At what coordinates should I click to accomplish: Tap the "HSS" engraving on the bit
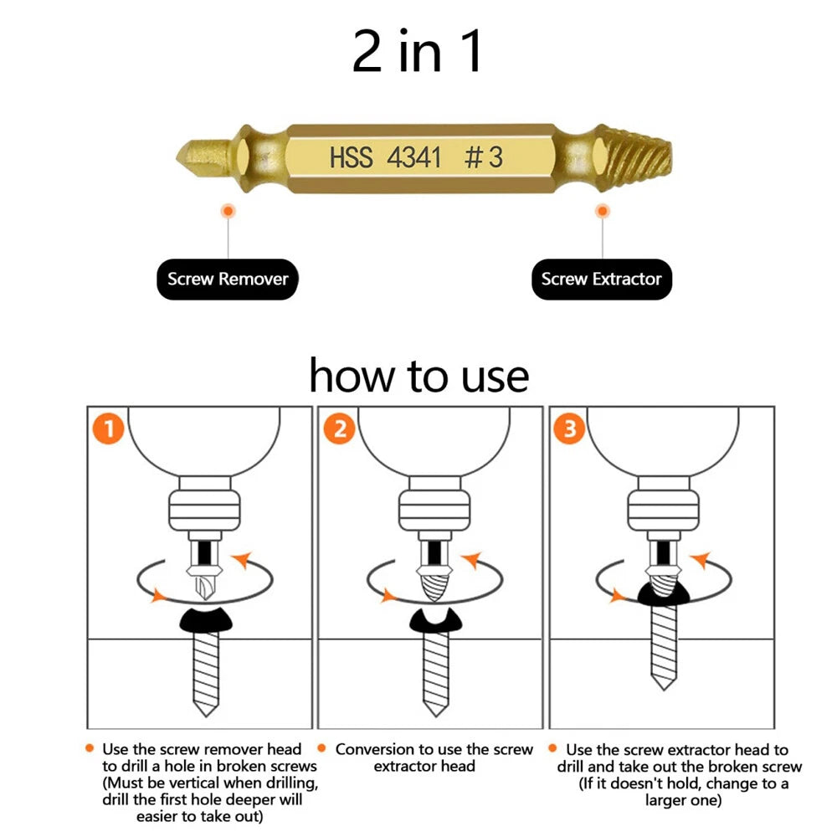tap(351, 157)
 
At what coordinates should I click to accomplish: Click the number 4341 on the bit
tap(413, 157)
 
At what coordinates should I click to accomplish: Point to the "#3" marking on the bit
tap(483, 157)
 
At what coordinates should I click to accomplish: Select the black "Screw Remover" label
tap(228, 280)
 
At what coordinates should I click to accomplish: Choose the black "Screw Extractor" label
tap(601, 280)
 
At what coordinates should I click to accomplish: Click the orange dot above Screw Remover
tap(228, 213)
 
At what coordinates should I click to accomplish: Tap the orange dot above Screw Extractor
tap(601, 213)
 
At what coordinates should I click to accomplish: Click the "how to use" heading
tap(418, 376)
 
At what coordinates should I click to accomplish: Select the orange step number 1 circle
tap(108, 430)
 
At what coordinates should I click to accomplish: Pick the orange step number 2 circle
tap(339, 430)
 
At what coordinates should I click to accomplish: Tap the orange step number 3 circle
tap(569, 430)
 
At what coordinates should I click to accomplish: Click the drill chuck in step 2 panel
tap(430, 510)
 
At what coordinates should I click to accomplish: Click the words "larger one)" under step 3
tap(682, 799)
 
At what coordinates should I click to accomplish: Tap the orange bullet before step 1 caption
tap(90, 748)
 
